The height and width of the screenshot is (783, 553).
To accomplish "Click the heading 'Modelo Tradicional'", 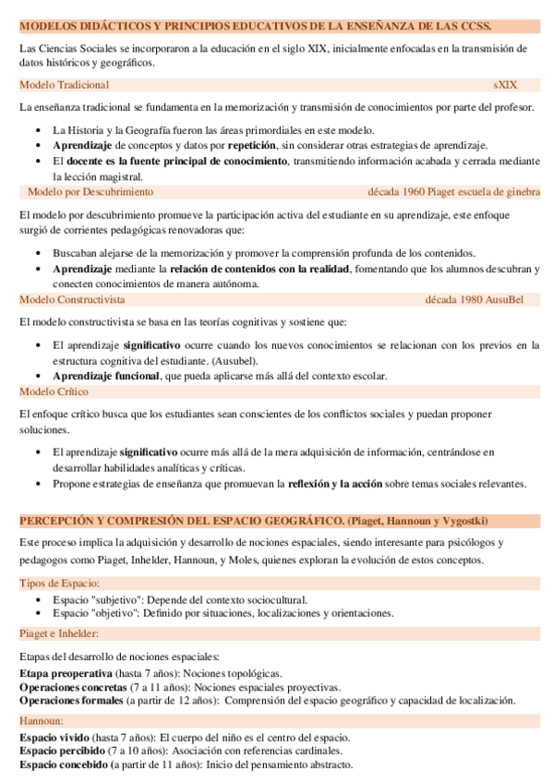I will point(57,84).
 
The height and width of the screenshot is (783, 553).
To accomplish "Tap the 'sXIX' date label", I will point(505,84).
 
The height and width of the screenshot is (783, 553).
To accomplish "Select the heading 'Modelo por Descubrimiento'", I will point(90,192).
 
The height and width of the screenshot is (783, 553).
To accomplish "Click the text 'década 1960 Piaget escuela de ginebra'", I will point(453,192).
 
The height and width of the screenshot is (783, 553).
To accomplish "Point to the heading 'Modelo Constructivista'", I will point(72,299).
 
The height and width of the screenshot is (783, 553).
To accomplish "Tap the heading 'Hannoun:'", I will point(42,720).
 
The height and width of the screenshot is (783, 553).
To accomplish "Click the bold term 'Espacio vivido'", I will point(54,738).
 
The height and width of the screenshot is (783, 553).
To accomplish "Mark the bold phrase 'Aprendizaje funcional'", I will point(105,376).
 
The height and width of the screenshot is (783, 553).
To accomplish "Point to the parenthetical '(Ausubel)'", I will point(234,360).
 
